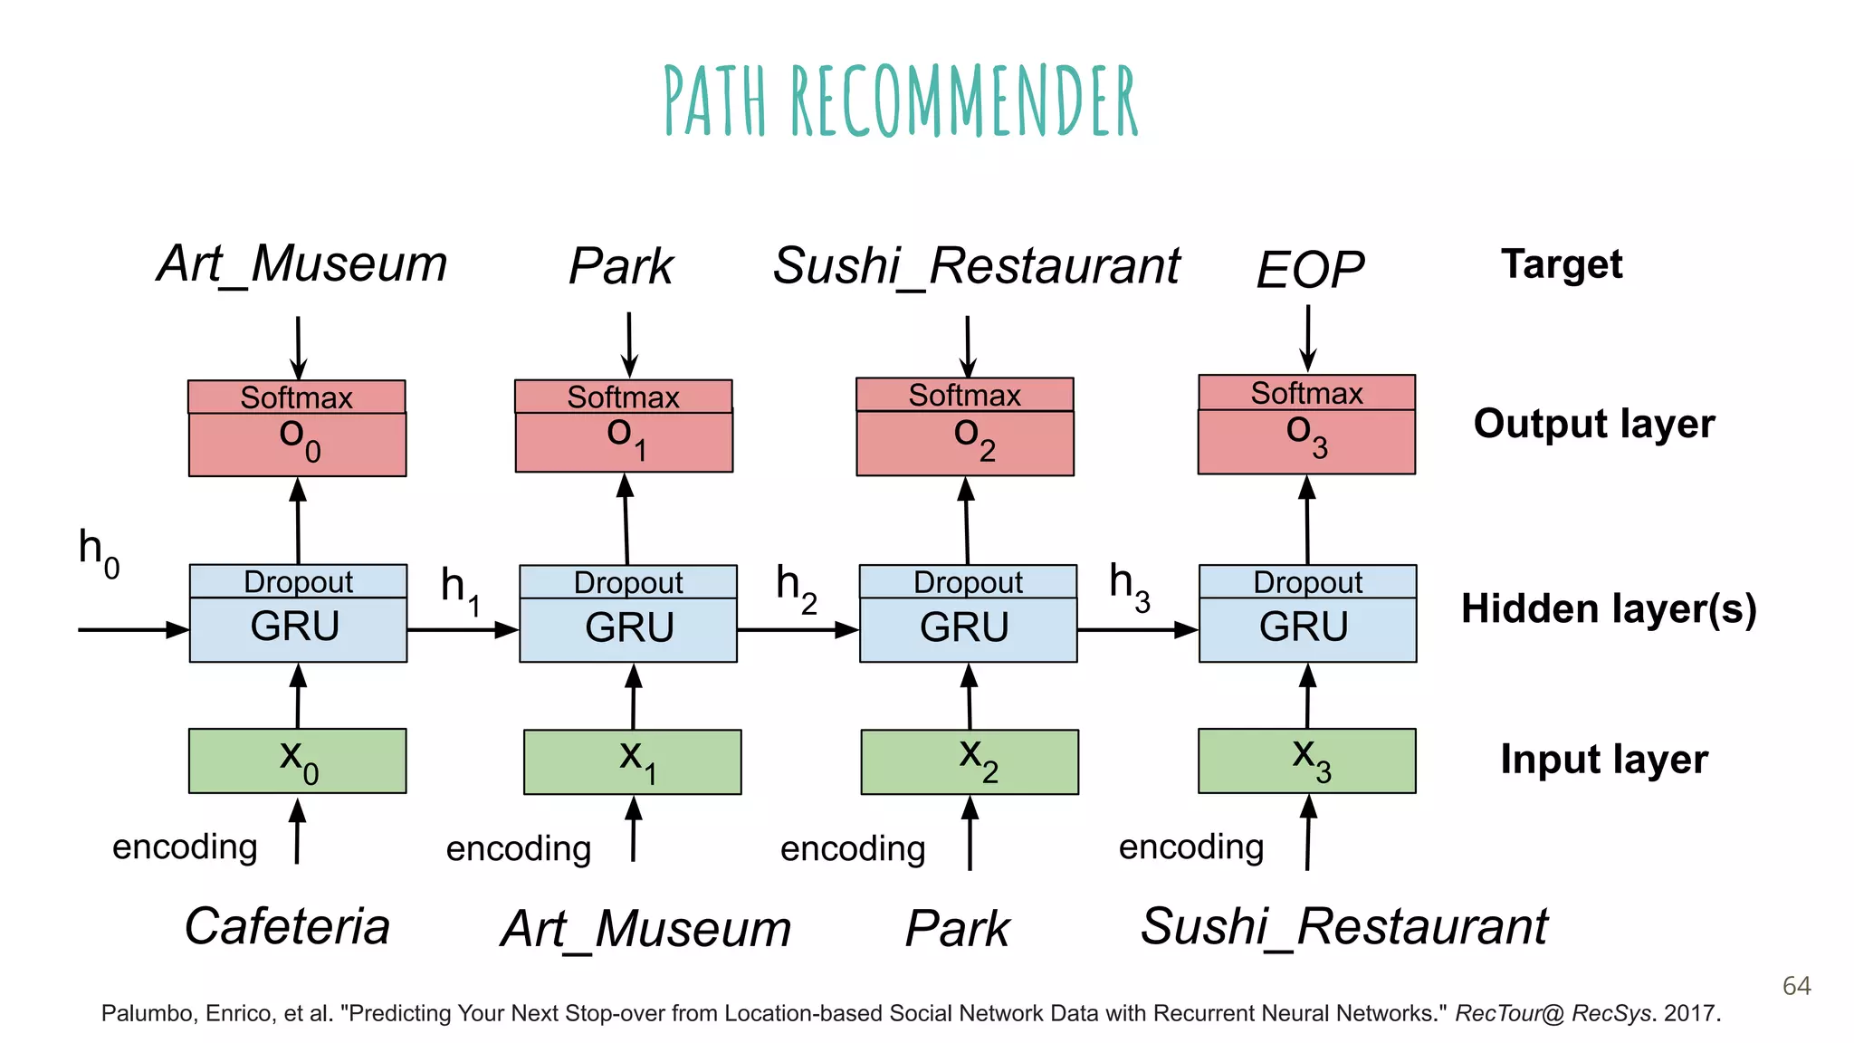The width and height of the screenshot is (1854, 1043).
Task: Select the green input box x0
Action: (x=297, y=761)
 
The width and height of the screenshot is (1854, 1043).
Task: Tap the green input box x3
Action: (x=1306, y=761)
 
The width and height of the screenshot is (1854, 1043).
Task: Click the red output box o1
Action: (x=624, y=442)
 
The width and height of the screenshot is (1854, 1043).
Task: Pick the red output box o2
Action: (x=965, y=443)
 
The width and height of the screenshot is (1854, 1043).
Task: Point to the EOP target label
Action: (x=1309, y=270)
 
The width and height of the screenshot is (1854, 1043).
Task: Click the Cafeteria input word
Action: (x=287, y=926)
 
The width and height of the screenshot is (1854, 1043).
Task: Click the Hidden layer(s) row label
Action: (x=1608, y=608)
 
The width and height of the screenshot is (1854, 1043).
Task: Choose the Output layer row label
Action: (x=1593, y=424)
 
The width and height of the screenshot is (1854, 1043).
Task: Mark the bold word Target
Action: (x=1562, y=264)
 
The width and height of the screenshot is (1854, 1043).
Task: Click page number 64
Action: (x=1796, y=985)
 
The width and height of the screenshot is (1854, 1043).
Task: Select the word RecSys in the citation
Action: (x=1610, y=1013)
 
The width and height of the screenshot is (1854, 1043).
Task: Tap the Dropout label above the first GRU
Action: (x=298, y=581)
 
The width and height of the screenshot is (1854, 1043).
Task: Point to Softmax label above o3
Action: (x=1306, y=393)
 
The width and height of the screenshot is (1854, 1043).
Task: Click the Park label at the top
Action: (x=621, y=266)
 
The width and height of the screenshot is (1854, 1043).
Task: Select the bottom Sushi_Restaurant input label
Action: (x=1343, y=926)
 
